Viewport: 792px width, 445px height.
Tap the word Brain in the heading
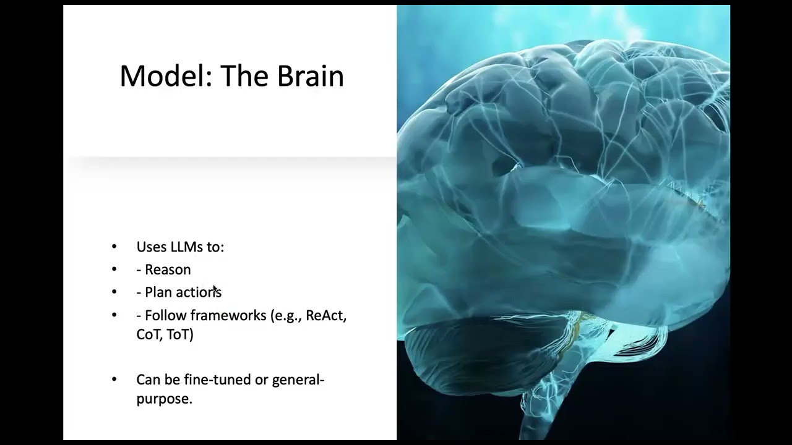[x=311, y=75]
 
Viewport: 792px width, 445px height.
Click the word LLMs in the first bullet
[x=187, y=247]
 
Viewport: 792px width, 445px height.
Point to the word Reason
[x=168, y=270]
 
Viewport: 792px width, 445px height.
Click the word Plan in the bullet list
[x=158, y=292]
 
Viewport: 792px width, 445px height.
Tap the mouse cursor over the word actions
[x=216, y=290]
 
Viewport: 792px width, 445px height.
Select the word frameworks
[x=228, y=315]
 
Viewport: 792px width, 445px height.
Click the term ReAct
[x=325, y=315]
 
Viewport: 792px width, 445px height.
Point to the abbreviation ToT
[x=180, y=335]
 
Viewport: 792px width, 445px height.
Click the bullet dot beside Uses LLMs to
[x=114, y=247]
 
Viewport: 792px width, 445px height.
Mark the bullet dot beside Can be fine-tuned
[x=114, y=379]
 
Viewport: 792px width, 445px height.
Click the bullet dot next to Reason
[x=114, y=269]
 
